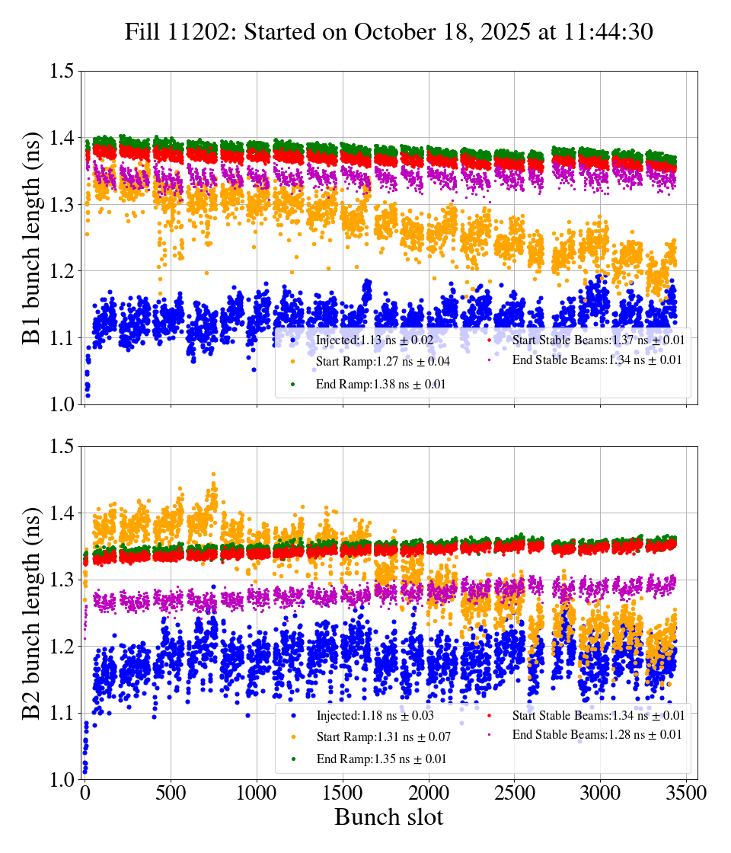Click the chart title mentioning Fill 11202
click(x=388, y=32)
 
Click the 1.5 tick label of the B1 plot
click(x=62, y=72)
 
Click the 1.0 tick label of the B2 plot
click(x=62, y=780)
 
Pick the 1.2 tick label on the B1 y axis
click(x=62, y=272)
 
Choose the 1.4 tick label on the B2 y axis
click(x=62, y=513)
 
